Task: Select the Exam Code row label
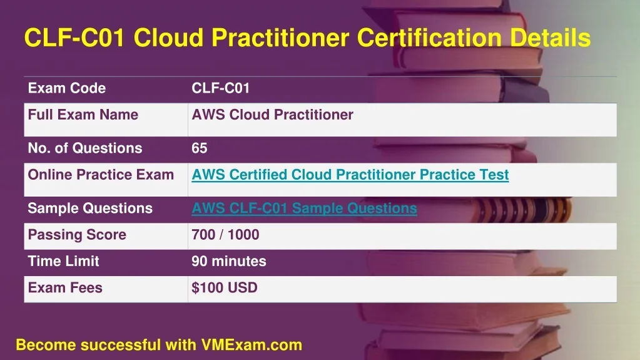(x=67, y=88)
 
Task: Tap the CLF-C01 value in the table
(x=220, y=88)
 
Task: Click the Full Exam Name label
(x=83, y=115)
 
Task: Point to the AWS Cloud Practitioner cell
(x=272, y=115)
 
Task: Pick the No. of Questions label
(x=85, y=148)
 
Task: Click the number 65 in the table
(x=200, y=148)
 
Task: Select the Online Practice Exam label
(x=101, y=175)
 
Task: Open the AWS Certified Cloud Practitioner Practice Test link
(x=350, y=175)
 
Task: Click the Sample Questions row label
(x=90, y=208)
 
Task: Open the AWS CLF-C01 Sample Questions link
(x=305, y=208)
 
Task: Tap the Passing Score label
(x=77, y=235)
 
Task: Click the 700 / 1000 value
(x=225, y=235)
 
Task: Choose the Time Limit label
(x=64, y=261)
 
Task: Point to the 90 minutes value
(x=229, y=261)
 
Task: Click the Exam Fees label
(x=65, y=287)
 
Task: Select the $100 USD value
(x=225, y=287)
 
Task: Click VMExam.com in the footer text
(x=251, y=345)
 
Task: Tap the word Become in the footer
(x=46, y=345)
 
